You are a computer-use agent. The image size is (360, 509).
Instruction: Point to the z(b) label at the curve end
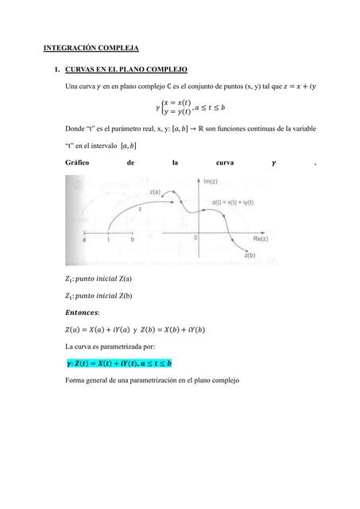coord(249,255)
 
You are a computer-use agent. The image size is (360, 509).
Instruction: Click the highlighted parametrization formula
coord(118,363)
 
